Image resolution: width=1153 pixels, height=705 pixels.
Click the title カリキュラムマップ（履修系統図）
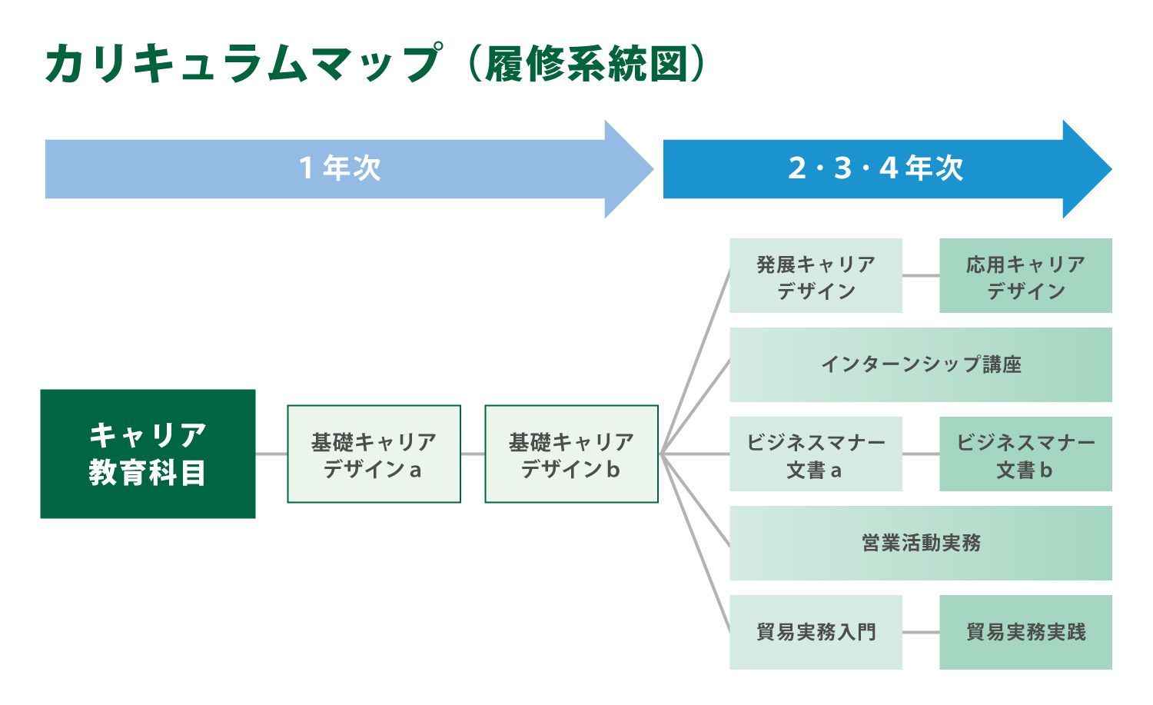tap(377, 63)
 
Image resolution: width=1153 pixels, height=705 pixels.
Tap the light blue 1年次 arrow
tap(349, 169)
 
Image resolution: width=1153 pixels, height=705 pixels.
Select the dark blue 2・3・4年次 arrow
tap(887, 169)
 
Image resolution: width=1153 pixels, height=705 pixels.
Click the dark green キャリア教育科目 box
tap(148, 454)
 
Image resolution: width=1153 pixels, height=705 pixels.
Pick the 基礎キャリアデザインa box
tap(374, 454)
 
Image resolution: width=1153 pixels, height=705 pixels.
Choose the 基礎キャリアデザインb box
tap(571, 454)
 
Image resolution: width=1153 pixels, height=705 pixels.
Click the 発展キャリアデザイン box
tap(816, 275)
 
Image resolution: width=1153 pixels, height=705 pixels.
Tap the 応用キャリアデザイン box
tap(1026, 275)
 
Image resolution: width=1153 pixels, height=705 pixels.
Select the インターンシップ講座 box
tap(921, 364)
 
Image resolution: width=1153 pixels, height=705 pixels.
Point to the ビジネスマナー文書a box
tap(816, 454)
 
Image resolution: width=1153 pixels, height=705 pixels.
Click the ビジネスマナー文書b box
tap(1026, 454)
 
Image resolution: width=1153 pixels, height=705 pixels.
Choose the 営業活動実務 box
tap(921, 544)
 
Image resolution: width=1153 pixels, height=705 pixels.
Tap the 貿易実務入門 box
tap(816, 633)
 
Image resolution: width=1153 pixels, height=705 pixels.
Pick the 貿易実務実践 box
tap(1026, 633)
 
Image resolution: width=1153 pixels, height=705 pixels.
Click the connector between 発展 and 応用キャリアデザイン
tap(921, 275)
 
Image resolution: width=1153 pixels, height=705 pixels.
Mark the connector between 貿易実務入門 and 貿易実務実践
tap(921, 633)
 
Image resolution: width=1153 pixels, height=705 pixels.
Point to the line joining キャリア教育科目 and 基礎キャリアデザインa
tap(271, 454)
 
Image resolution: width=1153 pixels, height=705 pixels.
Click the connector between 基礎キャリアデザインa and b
tap(473, 454)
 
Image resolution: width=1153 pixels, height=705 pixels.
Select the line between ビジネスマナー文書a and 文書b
tap(921, 454)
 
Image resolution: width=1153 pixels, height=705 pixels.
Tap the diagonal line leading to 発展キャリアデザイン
tap(696, 361)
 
